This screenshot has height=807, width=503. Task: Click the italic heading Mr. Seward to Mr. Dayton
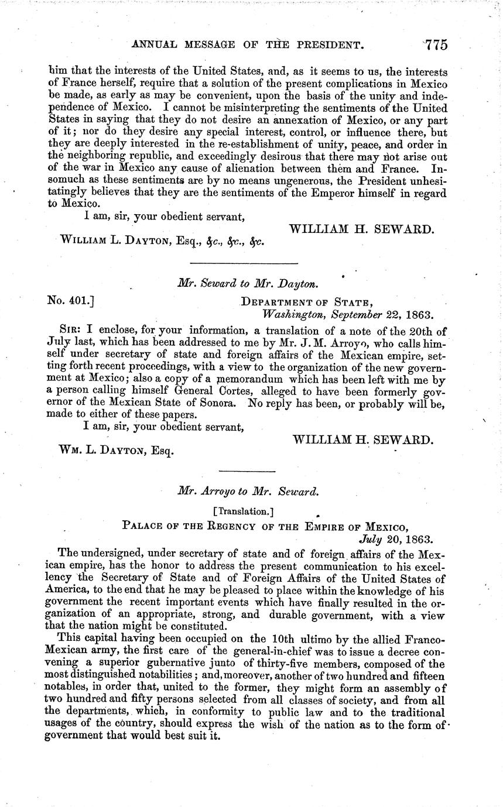coord(248,284)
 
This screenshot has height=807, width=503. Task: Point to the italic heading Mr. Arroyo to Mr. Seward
coord(248,492)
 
